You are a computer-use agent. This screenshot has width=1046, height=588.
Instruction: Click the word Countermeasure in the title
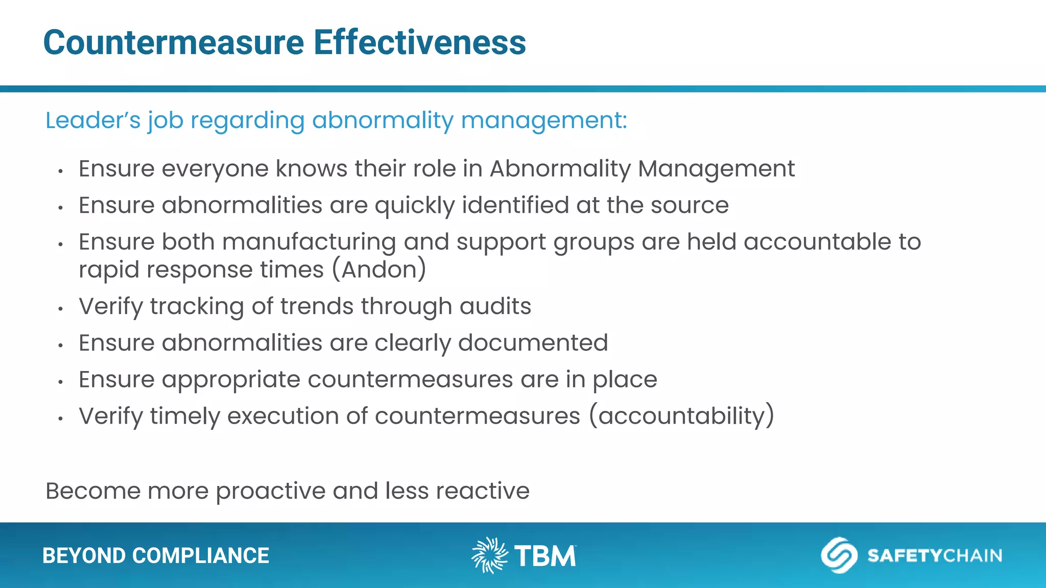174,42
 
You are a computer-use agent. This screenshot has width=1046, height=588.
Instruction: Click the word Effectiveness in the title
419,42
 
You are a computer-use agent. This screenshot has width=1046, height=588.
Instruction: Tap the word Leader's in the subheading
92,121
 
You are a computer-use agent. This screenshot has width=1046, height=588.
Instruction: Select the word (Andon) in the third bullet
379,270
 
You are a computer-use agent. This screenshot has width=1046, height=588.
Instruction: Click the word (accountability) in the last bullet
681,416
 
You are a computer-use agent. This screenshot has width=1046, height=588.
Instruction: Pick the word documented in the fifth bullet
533,343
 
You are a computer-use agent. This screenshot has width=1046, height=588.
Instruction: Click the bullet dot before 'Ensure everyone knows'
60,171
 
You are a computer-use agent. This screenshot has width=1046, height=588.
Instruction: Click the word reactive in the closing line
483,491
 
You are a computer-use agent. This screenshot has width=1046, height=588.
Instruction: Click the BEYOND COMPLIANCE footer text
155,556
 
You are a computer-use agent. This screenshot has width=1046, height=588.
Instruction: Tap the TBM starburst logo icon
489,555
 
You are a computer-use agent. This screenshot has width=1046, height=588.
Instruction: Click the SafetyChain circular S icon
839,555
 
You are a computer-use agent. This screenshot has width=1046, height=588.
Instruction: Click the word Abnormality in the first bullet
560,169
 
